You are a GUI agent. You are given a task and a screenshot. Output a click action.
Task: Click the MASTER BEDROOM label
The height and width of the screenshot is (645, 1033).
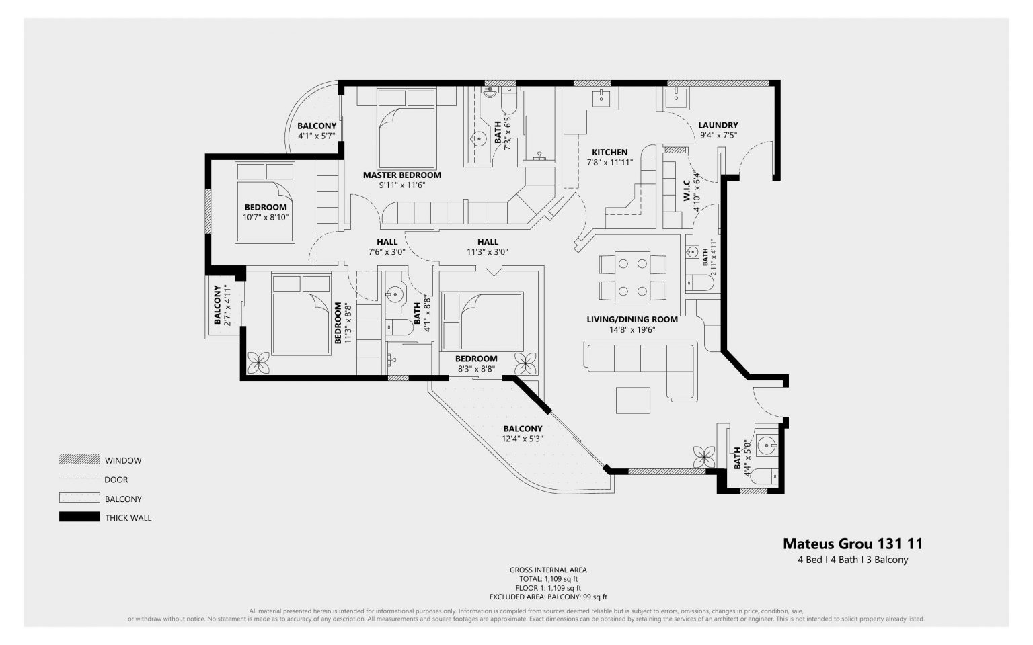click(402, 175)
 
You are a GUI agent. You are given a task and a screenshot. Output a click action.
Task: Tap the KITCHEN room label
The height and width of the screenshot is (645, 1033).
click(609, 153)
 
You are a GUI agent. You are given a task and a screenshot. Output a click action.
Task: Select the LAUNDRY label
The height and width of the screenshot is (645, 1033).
click(718, 125)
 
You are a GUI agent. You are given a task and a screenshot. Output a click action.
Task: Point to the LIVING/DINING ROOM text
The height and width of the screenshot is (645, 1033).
click(632, 320)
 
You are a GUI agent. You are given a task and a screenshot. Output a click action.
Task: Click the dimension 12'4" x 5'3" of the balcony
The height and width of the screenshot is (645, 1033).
click(522, 439)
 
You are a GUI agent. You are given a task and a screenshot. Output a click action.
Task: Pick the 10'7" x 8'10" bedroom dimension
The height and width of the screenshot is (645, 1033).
click(265, 218)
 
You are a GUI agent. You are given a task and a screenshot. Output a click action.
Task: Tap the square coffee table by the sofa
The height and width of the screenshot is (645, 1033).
click(633, 400)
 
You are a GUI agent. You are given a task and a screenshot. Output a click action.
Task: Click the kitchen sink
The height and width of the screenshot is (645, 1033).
click(601, 98)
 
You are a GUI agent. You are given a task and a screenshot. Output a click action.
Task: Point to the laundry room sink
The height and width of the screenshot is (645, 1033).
click(674, 97)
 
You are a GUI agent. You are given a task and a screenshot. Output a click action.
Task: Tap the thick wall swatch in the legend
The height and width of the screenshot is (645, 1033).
click(79, 517)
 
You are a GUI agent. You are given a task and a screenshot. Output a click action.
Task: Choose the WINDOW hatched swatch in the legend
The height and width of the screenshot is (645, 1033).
click(79, 460)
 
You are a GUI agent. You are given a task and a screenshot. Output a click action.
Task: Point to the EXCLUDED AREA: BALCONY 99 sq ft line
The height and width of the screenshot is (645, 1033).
click(547, 597)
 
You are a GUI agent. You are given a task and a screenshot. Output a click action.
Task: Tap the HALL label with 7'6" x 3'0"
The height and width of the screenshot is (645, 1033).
click(387, 242)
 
